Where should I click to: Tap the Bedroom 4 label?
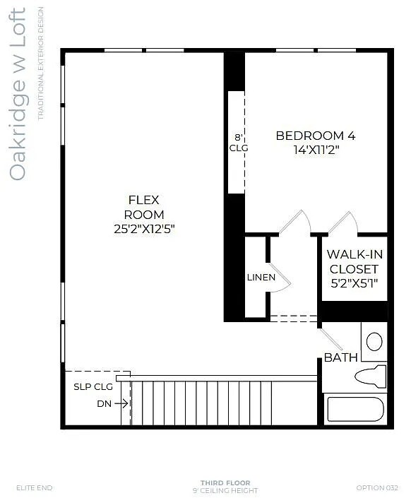315,136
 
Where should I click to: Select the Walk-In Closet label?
354,261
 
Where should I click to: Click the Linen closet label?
261,277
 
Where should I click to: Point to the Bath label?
340,358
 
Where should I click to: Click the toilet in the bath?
370,376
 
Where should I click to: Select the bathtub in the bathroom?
355,410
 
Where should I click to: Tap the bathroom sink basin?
374,342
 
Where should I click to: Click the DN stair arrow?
121,403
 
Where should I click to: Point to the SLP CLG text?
93,386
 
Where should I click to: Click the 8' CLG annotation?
239,143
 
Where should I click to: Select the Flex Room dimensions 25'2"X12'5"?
144,228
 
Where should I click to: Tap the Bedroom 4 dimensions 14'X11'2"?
315,150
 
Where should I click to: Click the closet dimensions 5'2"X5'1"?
354,283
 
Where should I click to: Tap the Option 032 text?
378,487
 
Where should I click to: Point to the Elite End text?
35,487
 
